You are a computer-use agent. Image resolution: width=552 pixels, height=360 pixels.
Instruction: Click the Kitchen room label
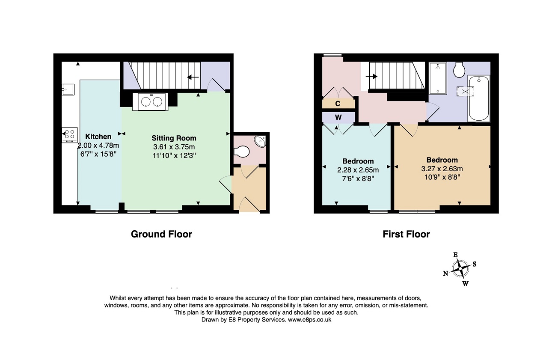(x=98, y=137)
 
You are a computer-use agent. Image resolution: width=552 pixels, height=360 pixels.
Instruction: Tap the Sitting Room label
(x=174, y=138)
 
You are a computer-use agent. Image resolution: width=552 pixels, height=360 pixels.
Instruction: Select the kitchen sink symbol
(x=68, y=89)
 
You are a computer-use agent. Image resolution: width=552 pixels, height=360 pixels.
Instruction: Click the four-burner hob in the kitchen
(x=70, y=135)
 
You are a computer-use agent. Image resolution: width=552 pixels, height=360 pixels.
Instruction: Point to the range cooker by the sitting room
(x=150, y=101)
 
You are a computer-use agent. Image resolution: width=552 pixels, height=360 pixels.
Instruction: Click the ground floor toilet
(x=241, y=152)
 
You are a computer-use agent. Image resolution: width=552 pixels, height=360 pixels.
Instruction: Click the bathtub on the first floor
(x=478, y=98)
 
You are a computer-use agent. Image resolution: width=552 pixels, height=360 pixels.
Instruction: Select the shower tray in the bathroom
(x=438, y=78)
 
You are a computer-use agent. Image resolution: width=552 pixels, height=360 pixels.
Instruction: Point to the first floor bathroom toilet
(x=459, y=69)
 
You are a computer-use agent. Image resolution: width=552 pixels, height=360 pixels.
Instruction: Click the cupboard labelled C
(x=338, y=103)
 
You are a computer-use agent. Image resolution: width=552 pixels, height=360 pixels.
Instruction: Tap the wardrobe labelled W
(x=338, y=117)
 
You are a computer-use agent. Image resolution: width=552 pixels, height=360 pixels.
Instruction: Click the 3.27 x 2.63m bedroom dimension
(x=442, y=169)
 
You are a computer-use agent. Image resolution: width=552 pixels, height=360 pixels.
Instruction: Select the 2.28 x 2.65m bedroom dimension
(x=358, y=170)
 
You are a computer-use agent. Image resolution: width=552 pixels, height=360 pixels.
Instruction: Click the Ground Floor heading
(x=161, y=234)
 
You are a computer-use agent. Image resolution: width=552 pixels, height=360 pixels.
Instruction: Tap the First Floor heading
(x=406, y=234)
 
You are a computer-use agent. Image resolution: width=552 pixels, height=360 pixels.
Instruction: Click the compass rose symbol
(x=460, y=269)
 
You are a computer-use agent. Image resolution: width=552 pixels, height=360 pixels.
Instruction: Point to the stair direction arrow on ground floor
(x=193, y=77)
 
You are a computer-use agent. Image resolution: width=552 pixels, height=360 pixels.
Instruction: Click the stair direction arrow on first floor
(x=371, y=77)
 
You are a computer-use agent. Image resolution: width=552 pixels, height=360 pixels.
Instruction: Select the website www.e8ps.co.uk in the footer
(x=309, y=320)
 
